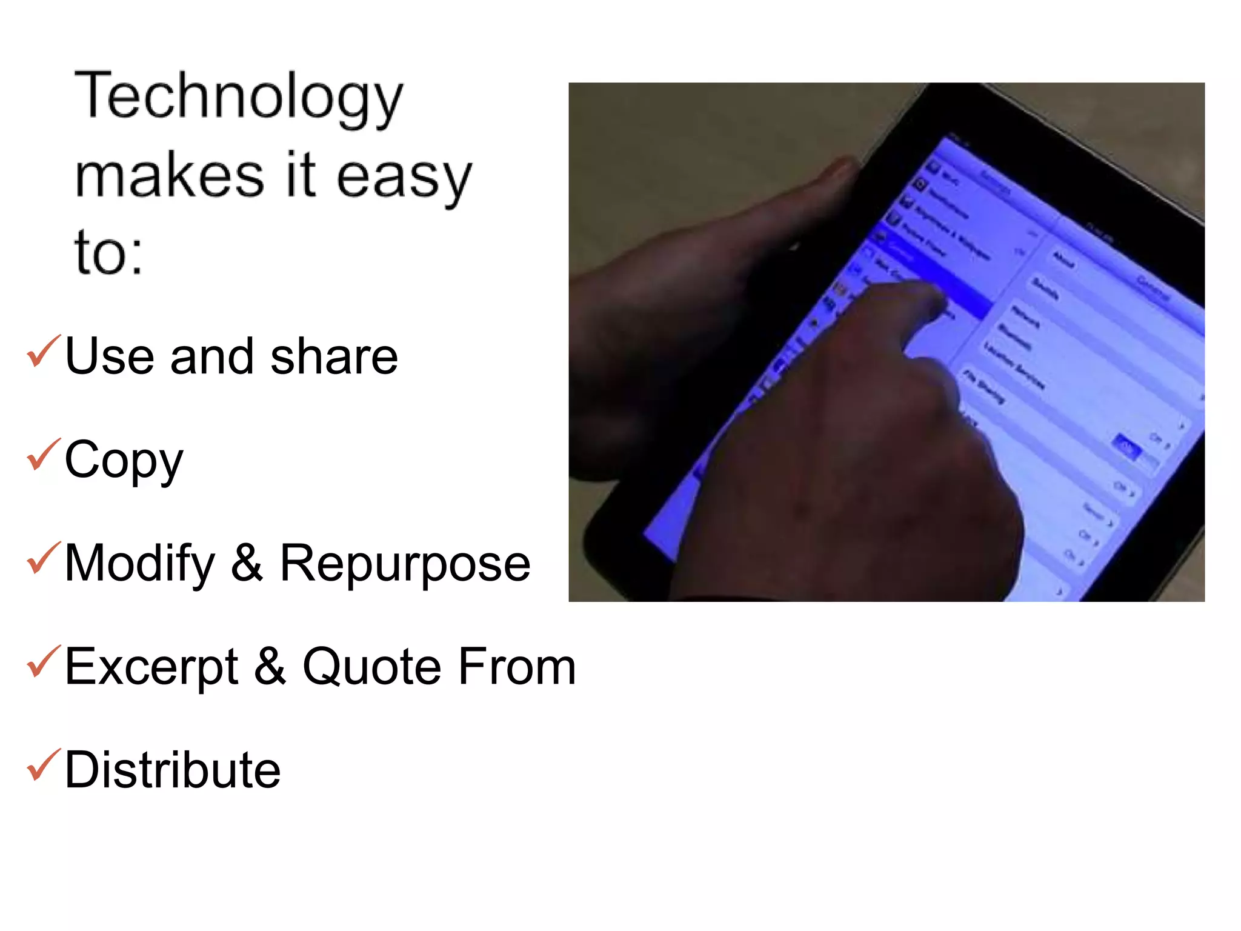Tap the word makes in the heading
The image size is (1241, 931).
click(169, 176)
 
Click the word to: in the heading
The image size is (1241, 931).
click(108, 252)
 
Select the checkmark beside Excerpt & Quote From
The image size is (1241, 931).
click(44, 661)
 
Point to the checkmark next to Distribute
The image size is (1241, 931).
click(44, 765)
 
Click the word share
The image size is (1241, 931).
click(334, 356)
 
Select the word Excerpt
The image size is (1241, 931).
click(151, 667)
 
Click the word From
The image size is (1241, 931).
click(516, 667)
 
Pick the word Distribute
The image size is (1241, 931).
click(173, 770)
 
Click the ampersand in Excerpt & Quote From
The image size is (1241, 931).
click(270, 667)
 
